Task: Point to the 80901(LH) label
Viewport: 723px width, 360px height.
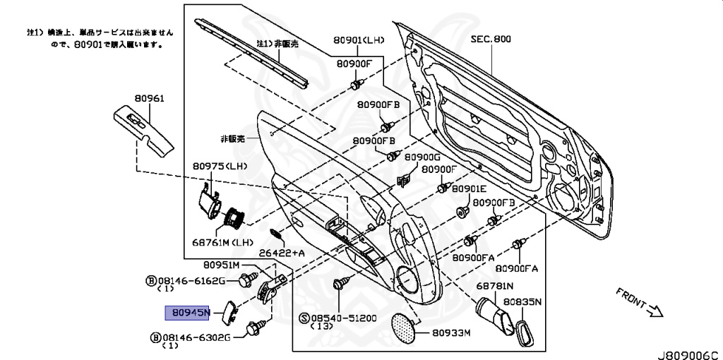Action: [359, 40]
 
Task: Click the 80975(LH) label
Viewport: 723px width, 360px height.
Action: [218, 167]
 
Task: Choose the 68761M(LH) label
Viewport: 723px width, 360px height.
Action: [222, 242]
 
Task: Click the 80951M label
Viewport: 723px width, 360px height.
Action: [222, 265]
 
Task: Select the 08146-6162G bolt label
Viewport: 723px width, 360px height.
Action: [191, 281]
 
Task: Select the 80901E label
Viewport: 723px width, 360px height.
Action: [470, 189]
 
